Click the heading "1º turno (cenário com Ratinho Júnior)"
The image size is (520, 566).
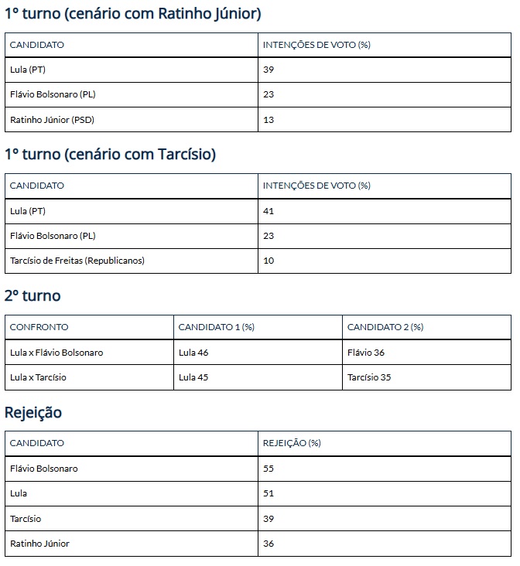pos(132,13)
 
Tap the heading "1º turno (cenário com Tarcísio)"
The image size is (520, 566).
pos(110,155)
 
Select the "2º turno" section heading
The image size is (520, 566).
pos(32,295)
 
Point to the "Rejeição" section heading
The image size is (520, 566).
pos(33,413)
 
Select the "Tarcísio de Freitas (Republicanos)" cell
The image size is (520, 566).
pos(77,261)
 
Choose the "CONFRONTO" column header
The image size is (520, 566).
pos(39,327)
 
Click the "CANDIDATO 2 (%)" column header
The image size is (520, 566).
pos(385,327)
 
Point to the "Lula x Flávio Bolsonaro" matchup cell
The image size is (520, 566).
pos(56,353)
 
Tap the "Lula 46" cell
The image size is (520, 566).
pos(193,353)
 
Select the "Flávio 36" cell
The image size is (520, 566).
pos(366,353)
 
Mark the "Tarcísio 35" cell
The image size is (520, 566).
pos(369,377)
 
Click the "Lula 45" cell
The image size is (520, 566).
pos(193,377)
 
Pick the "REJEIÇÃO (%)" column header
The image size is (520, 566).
pos(292,443)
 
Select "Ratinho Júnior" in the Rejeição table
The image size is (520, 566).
pos(39,544)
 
